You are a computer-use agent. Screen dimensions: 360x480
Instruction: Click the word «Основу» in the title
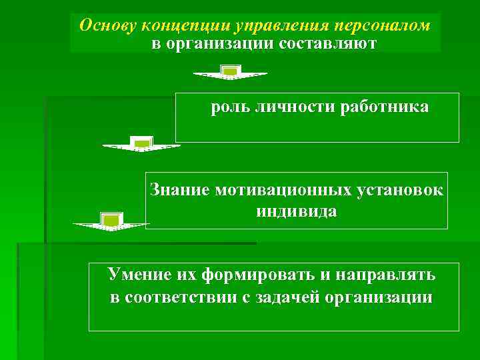(x=105, y=25)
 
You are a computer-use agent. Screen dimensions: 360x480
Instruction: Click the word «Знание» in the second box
(x=179, y=190)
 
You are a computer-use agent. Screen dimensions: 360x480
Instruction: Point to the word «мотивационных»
(x=283, y=190)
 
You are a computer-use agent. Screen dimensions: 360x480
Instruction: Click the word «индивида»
(x=296, y=211)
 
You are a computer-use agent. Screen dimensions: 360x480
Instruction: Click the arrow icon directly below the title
(x=230, y=72)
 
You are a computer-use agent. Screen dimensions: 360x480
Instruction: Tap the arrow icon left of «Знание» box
(x=111, y=221)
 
